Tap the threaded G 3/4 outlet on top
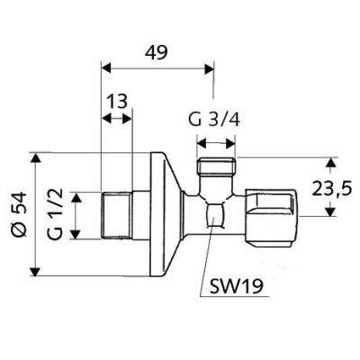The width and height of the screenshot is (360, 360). click(216, 166)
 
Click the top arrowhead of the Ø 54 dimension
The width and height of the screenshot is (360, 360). click(36, 157)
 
